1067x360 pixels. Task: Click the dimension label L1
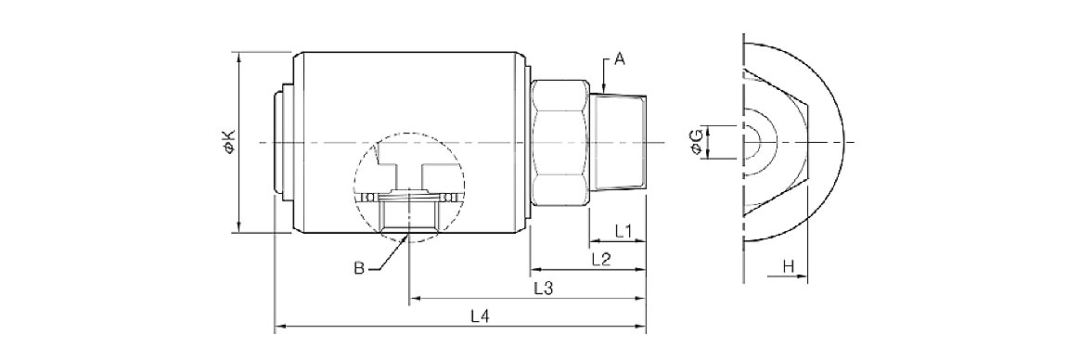click(x=623, y=232)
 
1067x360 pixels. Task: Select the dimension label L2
click(x=601, y=259)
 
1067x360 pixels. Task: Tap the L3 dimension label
click(x=543, y=289)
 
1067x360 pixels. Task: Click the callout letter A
click(x=619, y=60)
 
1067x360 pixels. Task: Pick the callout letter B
click(x=359, y=269)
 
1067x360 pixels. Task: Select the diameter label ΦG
click(x=696, y=142)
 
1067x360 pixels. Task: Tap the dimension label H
click(x=788, y=267)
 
